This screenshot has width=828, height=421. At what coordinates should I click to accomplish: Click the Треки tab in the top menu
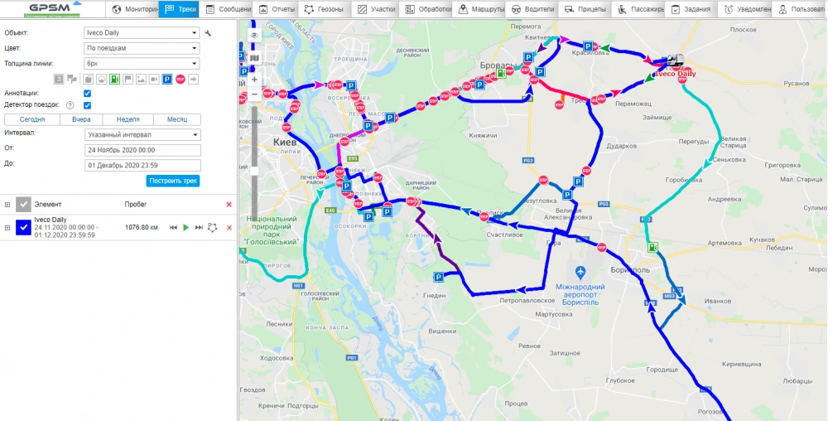pyautogui.click(x=181, y=9)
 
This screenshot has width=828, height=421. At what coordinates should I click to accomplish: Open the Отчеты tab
pyautogui.click(x=277, y=9)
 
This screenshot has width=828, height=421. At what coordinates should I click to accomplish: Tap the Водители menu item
pyautogui.click(x=532, y=9)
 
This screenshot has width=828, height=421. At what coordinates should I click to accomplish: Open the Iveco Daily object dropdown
pyautogui.click(x=142, y=33)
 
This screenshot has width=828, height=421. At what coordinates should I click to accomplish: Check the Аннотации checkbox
pyautogui.click(x=87, y=94)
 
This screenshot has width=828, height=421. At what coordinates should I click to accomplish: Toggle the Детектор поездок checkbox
pyautogui.click(x=87, y=105)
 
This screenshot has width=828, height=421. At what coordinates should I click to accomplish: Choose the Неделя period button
pyautogui.click(x=128, y=119)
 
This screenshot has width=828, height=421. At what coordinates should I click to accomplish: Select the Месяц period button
pyautogui.click(x=176, y=119)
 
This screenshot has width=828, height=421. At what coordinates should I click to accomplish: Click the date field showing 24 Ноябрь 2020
pyautogui.click(x=142, y=150)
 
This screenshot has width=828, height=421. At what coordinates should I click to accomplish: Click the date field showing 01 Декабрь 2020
pyautogui.click(x=142, y=164)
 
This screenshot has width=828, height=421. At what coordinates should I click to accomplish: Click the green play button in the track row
pyautogui.click(x=186, y=227)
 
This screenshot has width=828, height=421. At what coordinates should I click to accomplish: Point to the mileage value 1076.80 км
pyautogui.click(x=141, y=227)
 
